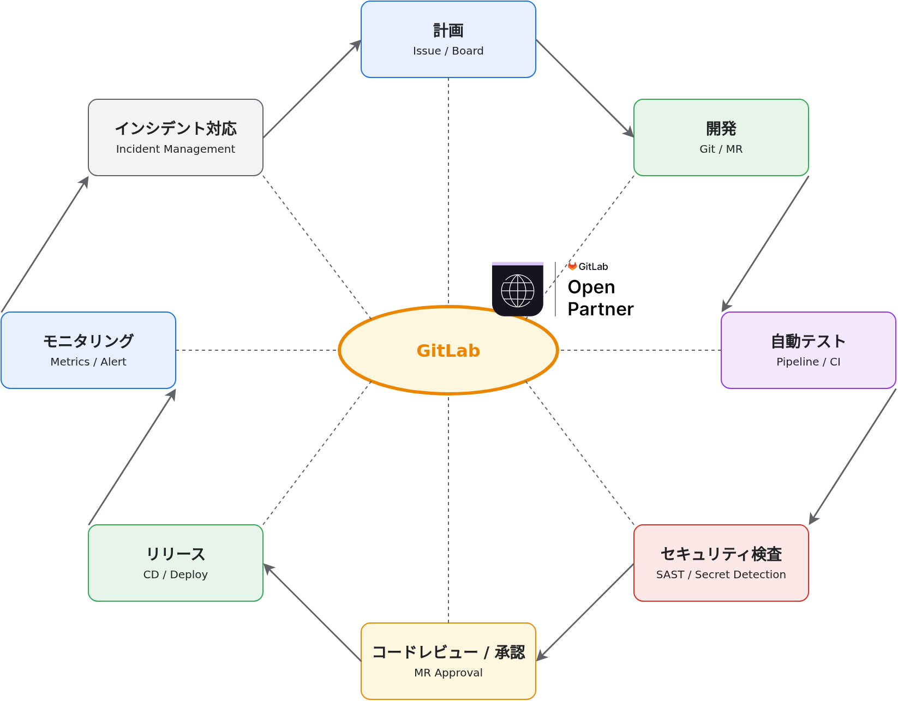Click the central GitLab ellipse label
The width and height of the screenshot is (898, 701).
[448, 350]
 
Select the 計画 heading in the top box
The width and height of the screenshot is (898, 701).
[448, 31]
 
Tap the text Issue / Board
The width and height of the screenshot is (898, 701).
[448, 51]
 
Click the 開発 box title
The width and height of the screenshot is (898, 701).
[721, 129]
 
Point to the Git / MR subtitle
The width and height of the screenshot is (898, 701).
[721, 149]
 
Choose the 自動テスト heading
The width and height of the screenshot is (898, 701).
[808, 341]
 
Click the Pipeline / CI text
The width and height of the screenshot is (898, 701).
[808, 362]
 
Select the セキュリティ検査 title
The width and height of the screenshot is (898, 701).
[721, 554]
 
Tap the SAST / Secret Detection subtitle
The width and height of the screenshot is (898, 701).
[721, 574]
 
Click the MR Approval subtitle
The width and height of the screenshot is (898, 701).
[448, 673]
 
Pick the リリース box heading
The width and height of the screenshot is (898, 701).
[175, 554]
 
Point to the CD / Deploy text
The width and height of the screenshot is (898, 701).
[175, 574]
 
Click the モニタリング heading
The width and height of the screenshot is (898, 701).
[88, 341]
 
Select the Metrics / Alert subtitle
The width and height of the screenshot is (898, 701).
[88, 362]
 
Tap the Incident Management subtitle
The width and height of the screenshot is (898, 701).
[175, 149]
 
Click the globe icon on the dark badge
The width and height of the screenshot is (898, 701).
[517, 291]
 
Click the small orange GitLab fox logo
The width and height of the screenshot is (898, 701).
[572, 266]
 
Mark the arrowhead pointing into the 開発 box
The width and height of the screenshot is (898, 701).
[629, 132]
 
